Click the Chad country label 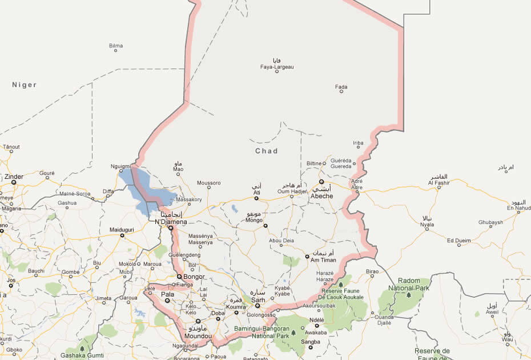(x=266, y=151)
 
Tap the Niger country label (x=25, y=85)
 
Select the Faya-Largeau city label (x=277, y=67)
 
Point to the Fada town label (x=341, y=87)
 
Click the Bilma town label (x=116, y=45)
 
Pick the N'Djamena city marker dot (x=170, y=227)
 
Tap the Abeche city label (x=321, y=195)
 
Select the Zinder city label (x=14, y=177)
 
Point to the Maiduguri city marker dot (x=122, y=235)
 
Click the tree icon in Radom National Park (x=408, y=295)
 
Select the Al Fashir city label (x=439, y=183)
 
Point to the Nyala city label (x=427, y=225)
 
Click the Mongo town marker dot (x=265, y=226)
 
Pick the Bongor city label (x=194, y=277)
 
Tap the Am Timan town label (x=324, y=260)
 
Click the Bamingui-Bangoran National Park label (x=263, y=332)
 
